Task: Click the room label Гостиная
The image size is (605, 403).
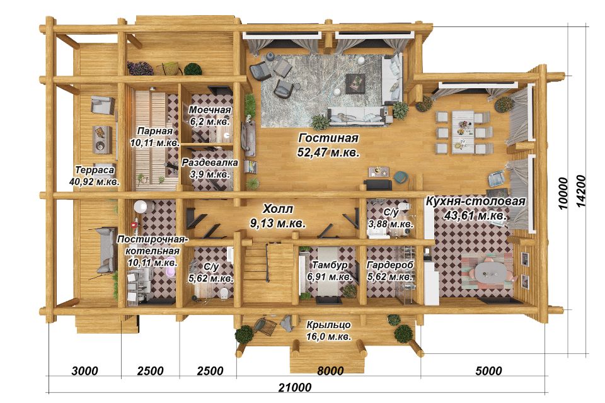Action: click(x=328, y=138)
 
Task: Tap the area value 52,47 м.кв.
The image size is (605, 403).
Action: click(x=328, y=152)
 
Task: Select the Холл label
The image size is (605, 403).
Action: click(x=278, y=209)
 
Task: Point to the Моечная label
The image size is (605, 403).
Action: click(x=210, y=110)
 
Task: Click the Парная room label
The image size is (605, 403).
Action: click(x=155, y=131)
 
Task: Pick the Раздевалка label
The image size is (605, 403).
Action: click(x=210, y=162)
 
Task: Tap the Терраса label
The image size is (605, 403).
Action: click(x=95, y=170)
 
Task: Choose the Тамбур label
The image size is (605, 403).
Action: click(x=330, y=265)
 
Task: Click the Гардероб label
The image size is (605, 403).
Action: click(x=390, y=265)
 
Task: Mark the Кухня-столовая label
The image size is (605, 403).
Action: click(x=476, y=201)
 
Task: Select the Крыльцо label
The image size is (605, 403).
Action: click(x=329, y=325)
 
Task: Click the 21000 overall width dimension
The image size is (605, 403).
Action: click(x=295, y=387)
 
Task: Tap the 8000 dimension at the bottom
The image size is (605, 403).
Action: click(x=330, y=371)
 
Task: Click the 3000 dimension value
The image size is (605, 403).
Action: click(x=85, y=371)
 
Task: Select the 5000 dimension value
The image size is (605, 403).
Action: click(x=489, y=371)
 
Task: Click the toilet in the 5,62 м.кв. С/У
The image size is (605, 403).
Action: click(x=223, y=293)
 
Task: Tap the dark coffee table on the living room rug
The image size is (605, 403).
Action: click(x=355, y=83)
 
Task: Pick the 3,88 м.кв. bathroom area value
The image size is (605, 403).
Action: click(x=391, y=224)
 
